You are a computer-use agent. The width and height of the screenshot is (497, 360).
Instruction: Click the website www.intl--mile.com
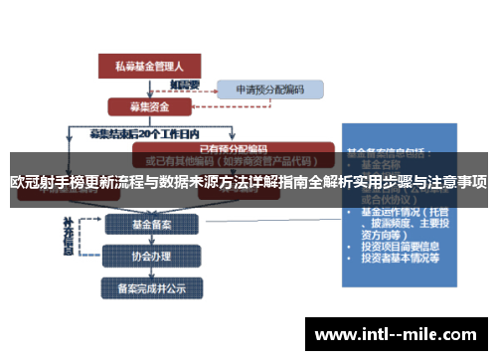tap(398, 333)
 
